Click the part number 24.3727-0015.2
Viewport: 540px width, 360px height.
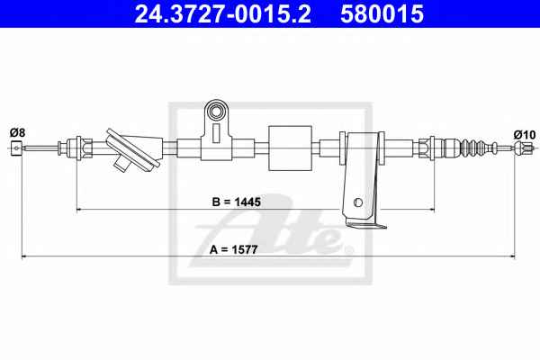(222, 13)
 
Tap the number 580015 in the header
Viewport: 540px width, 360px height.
(382, 13)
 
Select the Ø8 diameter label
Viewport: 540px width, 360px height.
(17, 132)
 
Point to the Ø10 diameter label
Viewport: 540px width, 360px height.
(525, 134)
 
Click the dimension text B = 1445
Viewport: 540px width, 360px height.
(236, 202)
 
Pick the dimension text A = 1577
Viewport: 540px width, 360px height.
(233, 249)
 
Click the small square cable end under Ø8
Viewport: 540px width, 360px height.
(16, 148)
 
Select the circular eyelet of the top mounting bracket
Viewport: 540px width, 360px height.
(217, 112)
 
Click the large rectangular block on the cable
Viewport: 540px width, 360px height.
(291, 148)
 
